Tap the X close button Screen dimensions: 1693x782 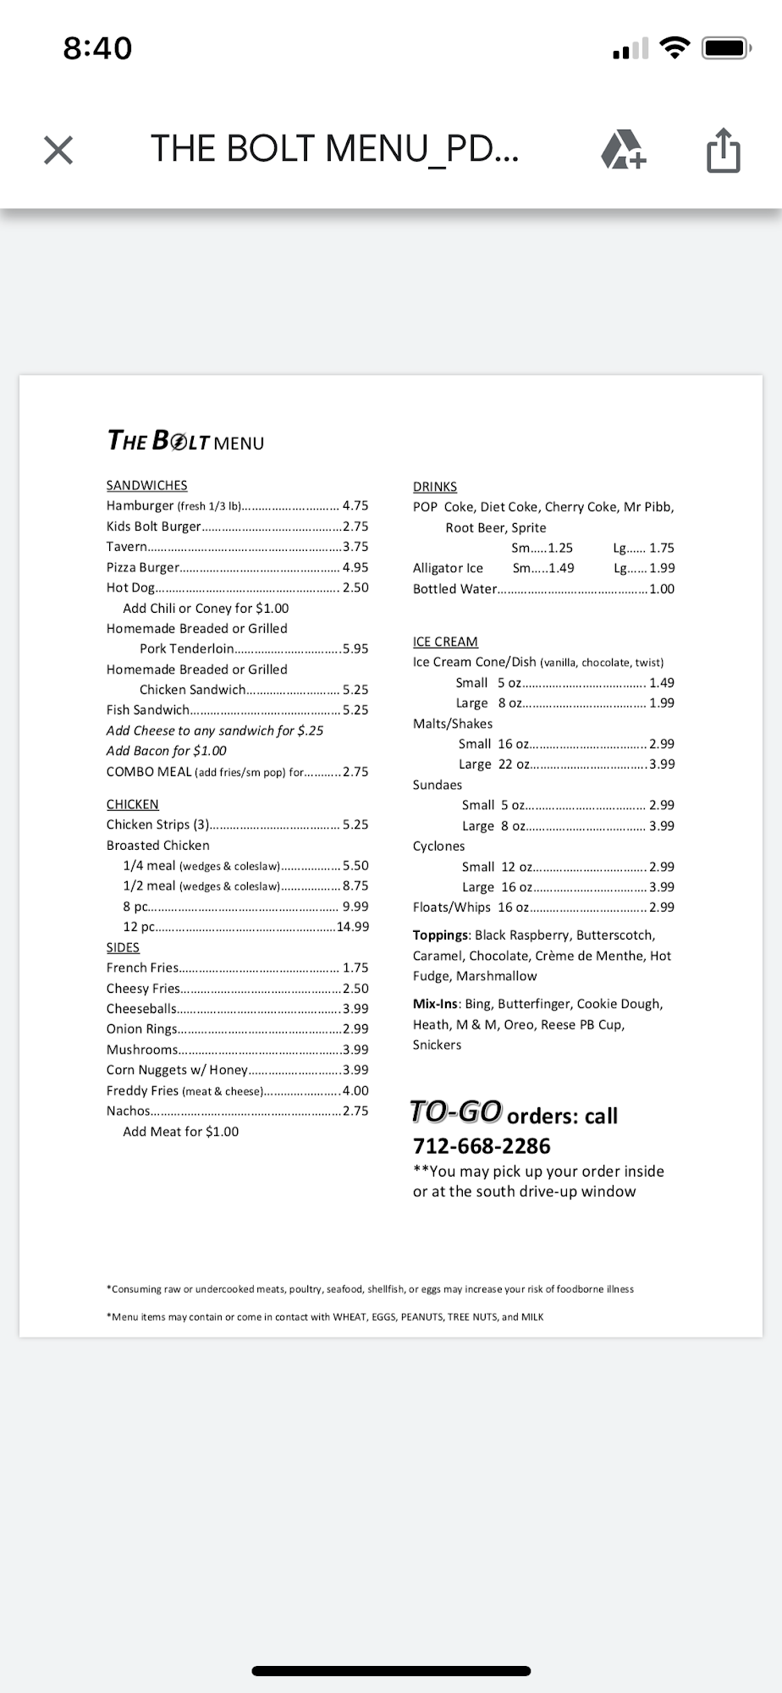pyautogui.click(x=58, y=150)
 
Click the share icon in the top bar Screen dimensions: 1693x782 pyautogui.click(x=723, y=150)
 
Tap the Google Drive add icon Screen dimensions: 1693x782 pyautogui.click(x=623, y=150)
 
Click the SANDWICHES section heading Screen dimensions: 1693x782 pyautogui.click(x=146, y=485)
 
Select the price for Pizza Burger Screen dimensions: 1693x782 pyautogui.click(x=355, y=567)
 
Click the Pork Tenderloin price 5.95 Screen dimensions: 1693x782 pyautogui.click(x=355, y=648)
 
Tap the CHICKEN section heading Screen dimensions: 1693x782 pyautogui.click(x=132, y=804)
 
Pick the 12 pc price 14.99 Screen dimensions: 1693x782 pyautogui.click(x=353, y=927)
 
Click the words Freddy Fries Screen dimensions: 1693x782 pyautogui.click(x=142, y=1090)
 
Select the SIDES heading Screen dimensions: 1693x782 pyautogui.click(x=123, y=947)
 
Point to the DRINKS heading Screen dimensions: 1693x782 pyautogui.click(x=435, y=487)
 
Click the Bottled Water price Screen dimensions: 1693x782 pyautogui.click(x=662, y=589)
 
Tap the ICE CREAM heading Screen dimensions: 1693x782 pyautogui.click(x=445, y=642)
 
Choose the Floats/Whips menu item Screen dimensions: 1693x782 pyautogui.click(x=451, y=907)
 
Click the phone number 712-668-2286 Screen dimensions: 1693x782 pyautogui.click(x=482, y=1146)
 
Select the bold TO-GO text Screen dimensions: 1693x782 pyautogui.click(x=456, y=1111)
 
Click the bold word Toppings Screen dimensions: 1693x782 pyautogui.click(x=441, y=935)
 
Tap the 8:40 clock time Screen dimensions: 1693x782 pyautogui.click(x=97, y=48)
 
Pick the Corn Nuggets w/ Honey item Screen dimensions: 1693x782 pyautogui.click(x=177, y=1070)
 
